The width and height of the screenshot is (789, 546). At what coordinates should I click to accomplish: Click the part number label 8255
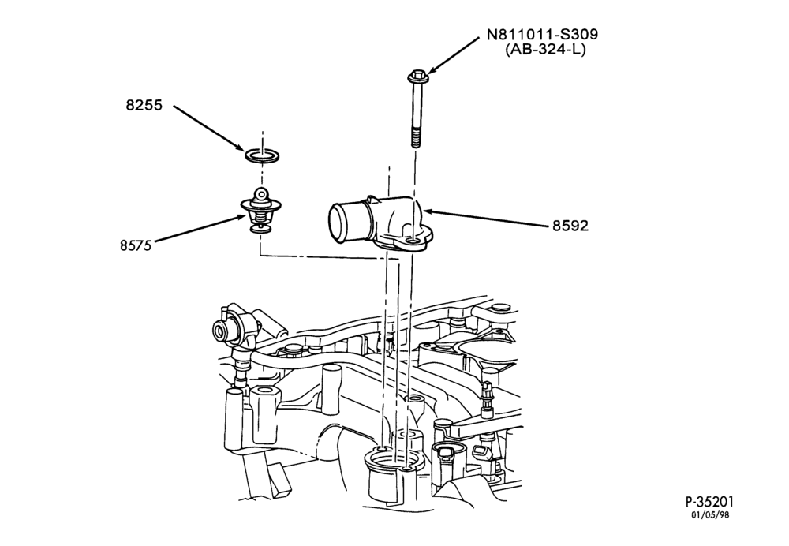coord(144,106)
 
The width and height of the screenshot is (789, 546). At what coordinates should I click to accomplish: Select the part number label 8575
coord(136,245)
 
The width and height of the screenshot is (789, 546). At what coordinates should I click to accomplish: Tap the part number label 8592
coord(570,226)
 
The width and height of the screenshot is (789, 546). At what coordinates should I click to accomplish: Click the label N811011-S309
coord(543,34)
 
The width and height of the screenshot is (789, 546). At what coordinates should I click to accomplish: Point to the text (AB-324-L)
coord(545,50)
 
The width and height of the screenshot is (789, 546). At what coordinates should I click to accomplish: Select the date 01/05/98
coord(710,514)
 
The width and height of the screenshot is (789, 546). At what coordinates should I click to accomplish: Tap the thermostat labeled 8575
coord(260,211)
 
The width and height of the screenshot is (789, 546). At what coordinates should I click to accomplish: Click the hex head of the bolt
coord(416,77)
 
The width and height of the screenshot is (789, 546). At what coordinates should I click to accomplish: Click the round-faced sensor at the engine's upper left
coord(220,331)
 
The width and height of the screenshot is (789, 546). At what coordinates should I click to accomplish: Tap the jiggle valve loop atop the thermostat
coord(260,193)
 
